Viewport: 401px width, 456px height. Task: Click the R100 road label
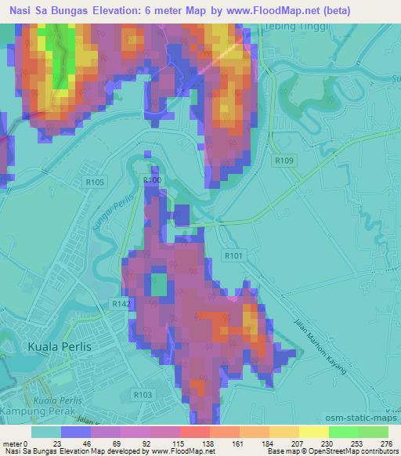152,180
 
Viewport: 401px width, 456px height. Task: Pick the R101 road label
233,255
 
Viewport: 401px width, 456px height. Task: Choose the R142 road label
121,303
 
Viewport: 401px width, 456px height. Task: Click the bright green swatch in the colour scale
341,432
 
